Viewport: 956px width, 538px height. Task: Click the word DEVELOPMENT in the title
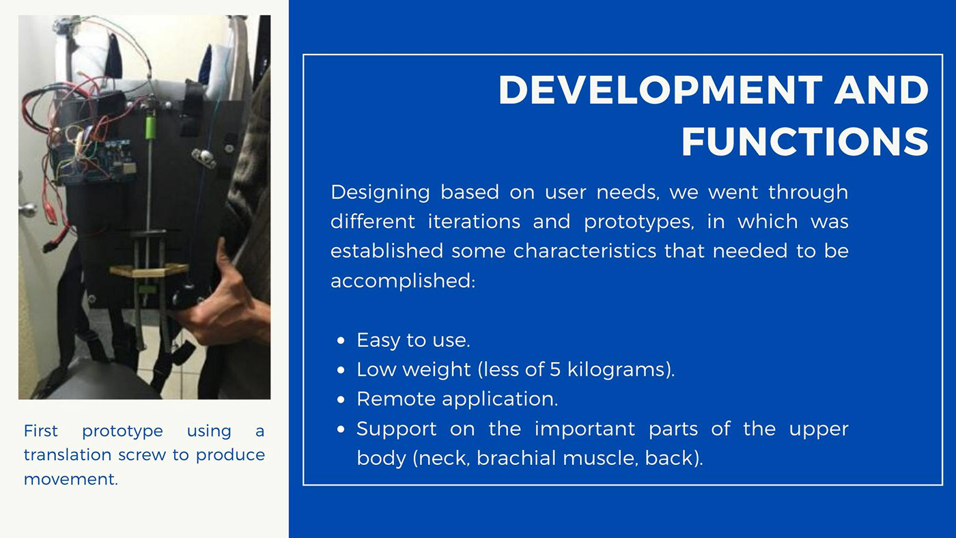(x=660, y=89)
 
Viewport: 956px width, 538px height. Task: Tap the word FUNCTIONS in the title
(x=805, y=141)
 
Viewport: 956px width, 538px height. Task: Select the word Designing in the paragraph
(x=380, y=193)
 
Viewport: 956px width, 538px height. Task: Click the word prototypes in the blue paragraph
(x=639, y=222)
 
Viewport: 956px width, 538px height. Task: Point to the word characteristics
(x=585, y=251)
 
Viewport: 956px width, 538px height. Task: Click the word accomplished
(x=403, y=281)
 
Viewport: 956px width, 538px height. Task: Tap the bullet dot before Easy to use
(x=341, y=341)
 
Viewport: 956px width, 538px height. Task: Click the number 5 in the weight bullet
(x=554, y=369)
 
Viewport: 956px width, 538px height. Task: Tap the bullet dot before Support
(x=341, y=429)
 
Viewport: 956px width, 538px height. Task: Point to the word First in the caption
(x=40, y=431)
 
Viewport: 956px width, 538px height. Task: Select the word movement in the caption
(x=70, y=479)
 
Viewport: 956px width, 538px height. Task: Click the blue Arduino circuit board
(x=94, y=161)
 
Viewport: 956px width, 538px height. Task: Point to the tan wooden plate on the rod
(x=149, y=270)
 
